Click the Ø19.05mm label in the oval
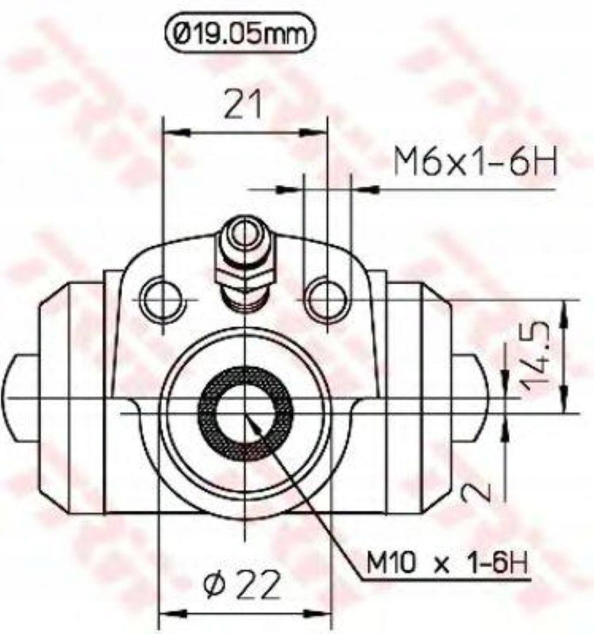(x=239, y=35)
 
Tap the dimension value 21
(x=244, y=104)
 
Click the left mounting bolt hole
(x=163, y=299)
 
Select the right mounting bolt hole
(x=327, y=299)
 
